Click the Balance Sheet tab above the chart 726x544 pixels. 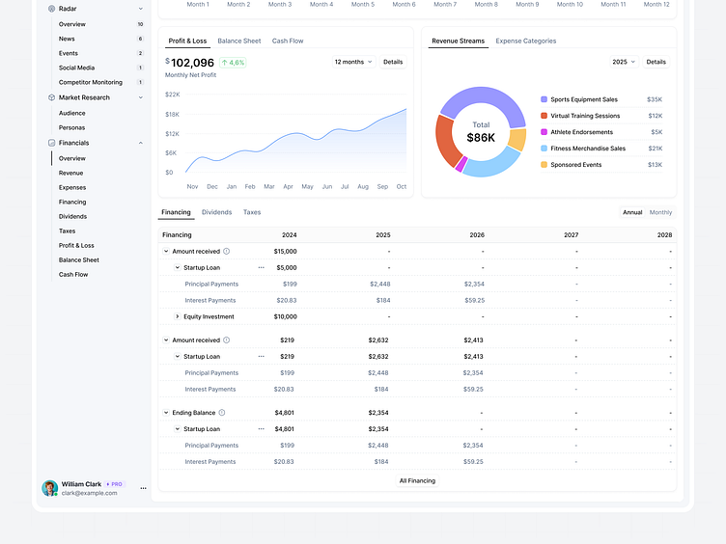(x=238, y=41)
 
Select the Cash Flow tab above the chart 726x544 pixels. (x=288, y=41)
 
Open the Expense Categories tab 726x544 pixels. (x=525, y=41)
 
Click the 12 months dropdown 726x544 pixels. (x=352, y=62)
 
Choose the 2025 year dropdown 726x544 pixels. (x=624, y=62)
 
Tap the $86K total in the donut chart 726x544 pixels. (x=481, y=138)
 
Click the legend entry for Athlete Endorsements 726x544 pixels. (x=581, y=132)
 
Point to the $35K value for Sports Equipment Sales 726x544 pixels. (x=655, y=99)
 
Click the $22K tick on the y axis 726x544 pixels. (x=173, y=95)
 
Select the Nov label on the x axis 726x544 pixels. (x=192, y=186)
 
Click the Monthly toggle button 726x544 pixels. (x=661, y=212)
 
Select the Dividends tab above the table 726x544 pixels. (x=216, y=212)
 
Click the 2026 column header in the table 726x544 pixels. (x=477, y=234)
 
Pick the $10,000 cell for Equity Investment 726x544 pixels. (x=285, y=316)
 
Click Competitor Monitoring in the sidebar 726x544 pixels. (x=91, y=83)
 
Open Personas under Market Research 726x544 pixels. (x=71, y=127)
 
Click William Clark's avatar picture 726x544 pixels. (x=49, y=488)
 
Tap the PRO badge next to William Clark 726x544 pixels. (x=115, y=484)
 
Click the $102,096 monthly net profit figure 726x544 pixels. (x=192, y=63)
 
